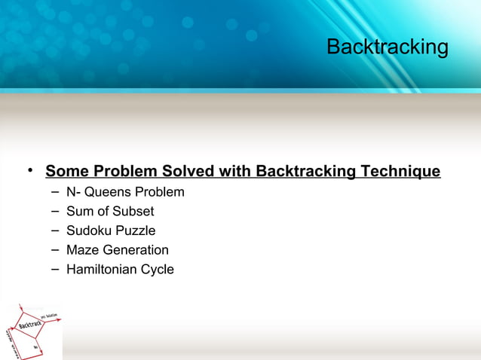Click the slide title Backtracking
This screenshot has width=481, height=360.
[x=387, y=47]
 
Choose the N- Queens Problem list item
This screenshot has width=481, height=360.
[x=125, y=192]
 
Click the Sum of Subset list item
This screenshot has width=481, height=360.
[x=110, y=212]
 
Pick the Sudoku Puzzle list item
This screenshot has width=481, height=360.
[x=111, y=230]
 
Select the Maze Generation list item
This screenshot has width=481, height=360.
[x=118, y=250]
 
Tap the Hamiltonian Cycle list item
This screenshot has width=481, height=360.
[x=120, y=269]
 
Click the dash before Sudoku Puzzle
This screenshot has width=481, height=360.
[x=55, y=230]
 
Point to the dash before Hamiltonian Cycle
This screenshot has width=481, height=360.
[x=55, y=268]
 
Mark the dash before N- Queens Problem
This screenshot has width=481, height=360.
[x=55, y=191]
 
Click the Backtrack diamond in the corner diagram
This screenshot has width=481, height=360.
[x=31, y=326]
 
